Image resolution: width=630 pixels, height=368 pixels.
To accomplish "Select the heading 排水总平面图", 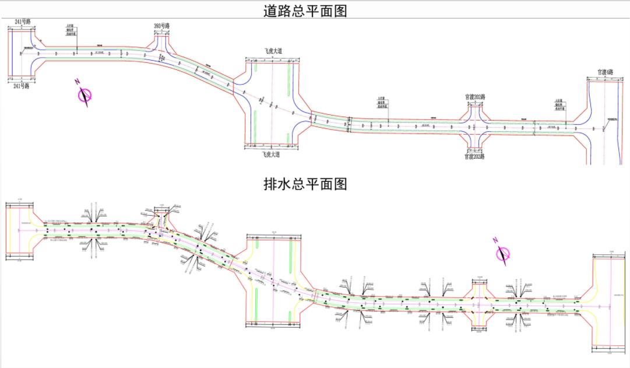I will [305, 184].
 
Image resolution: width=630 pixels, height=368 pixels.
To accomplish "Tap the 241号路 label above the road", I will [23, 22].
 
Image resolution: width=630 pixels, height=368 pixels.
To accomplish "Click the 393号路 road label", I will [161, 26].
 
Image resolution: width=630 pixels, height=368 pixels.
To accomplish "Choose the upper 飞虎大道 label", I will [272, 51].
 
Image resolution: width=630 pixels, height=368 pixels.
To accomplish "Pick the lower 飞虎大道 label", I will [272, 155].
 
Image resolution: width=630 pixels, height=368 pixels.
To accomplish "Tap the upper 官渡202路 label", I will [475, 97].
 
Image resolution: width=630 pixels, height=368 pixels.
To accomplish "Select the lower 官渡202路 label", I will [474, 156].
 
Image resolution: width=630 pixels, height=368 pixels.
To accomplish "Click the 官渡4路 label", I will [606, 72].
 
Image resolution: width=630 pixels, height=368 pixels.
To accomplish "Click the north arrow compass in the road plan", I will [86, 95].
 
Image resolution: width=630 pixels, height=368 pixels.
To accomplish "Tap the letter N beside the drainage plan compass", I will [495, 240].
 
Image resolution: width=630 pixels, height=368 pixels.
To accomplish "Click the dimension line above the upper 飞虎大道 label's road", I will [272, 59].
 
